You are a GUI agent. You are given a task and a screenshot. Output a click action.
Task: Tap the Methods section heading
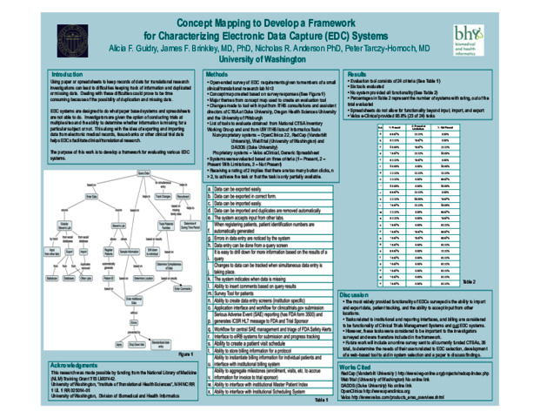click(x=217, y=78)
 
